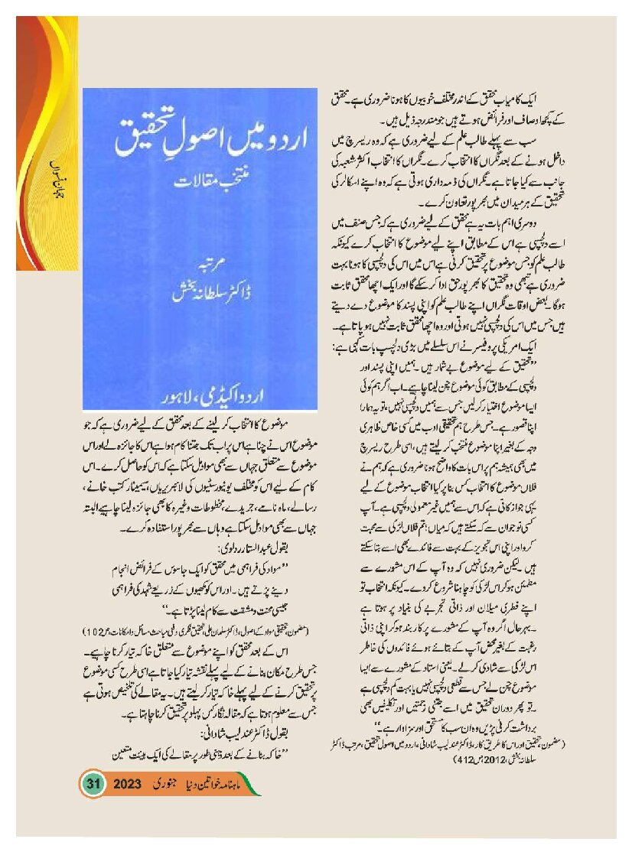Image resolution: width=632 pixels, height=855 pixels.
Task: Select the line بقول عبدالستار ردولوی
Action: click(x=252, y=549)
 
